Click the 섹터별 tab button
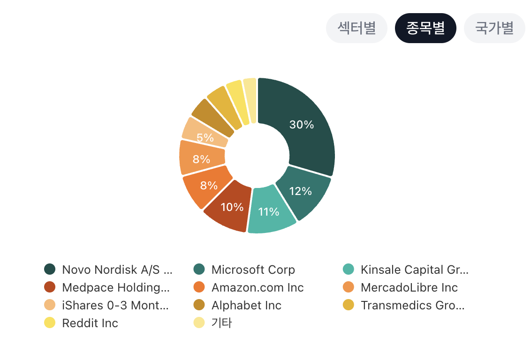(357, 28)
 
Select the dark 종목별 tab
(425, 28)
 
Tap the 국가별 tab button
(494, 28)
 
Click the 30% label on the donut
(302, 125)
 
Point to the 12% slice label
(300, 191)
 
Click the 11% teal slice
(271, 210)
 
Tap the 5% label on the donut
(205, 138)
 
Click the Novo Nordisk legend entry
(108, 270)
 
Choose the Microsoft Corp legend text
(253, 270)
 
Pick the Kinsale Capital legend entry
(406, 270)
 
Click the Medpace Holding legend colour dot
(50, 287)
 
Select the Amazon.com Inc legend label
(258, 288)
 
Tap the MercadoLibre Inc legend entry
(400, 288)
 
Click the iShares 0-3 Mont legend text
(115, 306)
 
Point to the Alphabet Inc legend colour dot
(199, 305)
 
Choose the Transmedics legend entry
(404, 305)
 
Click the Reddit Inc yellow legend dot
(50, 323)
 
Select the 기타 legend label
(222, 323)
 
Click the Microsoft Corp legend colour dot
(199, 270)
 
